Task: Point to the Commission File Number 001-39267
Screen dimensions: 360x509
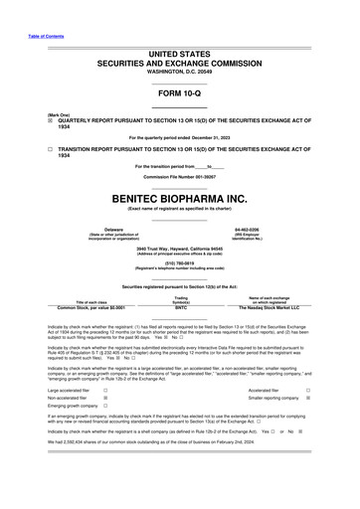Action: [x=180, y=178]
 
